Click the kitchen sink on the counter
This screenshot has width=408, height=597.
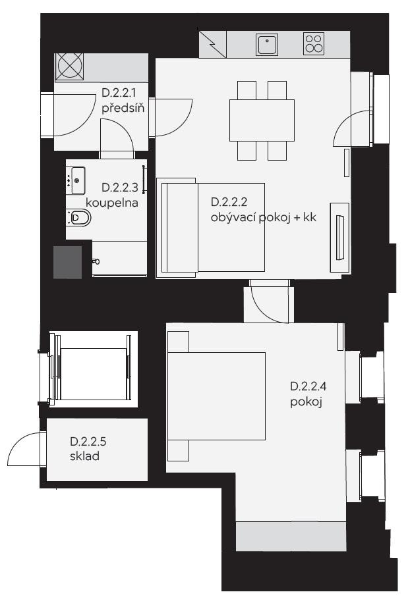tap(267, 44)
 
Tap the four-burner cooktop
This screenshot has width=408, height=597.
tap(314, 43)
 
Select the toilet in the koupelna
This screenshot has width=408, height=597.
tap(79, 217)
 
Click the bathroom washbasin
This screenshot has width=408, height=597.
tap(76, 180)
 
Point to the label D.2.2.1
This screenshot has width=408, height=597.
tap(119, 93)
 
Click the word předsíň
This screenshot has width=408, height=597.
tap(123, 108)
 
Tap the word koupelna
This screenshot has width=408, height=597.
tap(112, 203)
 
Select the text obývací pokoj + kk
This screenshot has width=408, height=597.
tap(264, 217)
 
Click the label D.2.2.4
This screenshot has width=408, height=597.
tap(308, 386)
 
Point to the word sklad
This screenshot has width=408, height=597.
tap(84, 455)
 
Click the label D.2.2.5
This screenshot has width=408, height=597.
tap(88, 442)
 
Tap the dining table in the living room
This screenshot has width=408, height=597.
tap(262, 120)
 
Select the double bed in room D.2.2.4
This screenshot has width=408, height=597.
tap(216, 396)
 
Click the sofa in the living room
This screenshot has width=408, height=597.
tap(210, 227)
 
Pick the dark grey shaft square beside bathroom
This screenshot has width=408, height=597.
tap(67, 263)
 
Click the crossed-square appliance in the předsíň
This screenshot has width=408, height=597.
tap(69, 67)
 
